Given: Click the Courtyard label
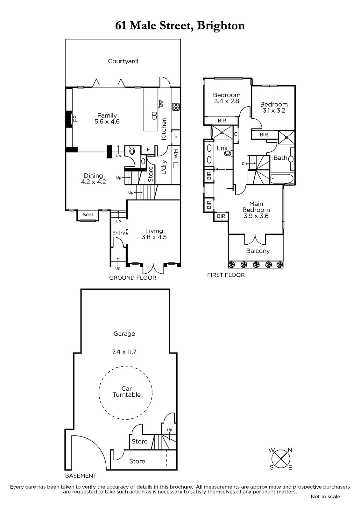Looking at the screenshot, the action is point(123,61).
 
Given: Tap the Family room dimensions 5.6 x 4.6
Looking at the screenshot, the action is point(107,122).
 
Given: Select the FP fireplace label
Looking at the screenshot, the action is point(75,118).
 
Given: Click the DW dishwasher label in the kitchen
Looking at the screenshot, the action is point(161,104).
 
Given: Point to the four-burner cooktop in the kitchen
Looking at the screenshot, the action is point(176,107).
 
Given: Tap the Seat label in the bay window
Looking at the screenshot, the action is point(88,214).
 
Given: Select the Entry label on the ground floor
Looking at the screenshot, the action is point(119,233).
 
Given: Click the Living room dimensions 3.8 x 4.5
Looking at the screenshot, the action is point(154,237).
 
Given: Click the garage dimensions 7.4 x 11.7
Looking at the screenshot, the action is point(124,352).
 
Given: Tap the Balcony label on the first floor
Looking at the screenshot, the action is point(258,251).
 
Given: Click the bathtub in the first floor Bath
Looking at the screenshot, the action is point(281,179).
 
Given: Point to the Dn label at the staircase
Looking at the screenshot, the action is point(244,164).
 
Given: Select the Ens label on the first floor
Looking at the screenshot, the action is point(222,148).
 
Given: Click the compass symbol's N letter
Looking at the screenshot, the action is point(290,450).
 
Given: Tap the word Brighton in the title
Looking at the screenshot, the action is point(221,26).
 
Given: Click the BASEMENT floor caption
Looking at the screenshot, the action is point(81,476).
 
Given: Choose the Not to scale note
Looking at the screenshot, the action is point(325,497).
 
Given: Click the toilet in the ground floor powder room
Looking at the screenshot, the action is point(132,150).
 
